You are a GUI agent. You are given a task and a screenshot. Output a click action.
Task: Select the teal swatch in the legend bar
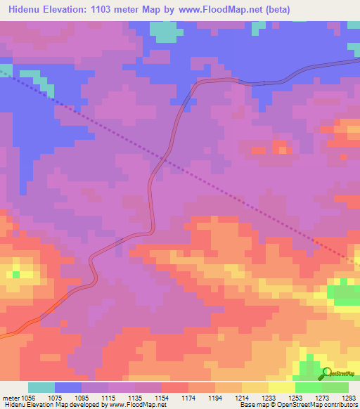coord(41,388)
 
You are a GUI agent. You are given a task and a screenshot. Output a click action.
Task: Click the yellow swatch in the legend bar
coord(281,388)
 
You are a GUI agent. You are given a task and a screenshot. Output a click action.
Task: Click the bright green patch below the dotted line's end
coord(343,290)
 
